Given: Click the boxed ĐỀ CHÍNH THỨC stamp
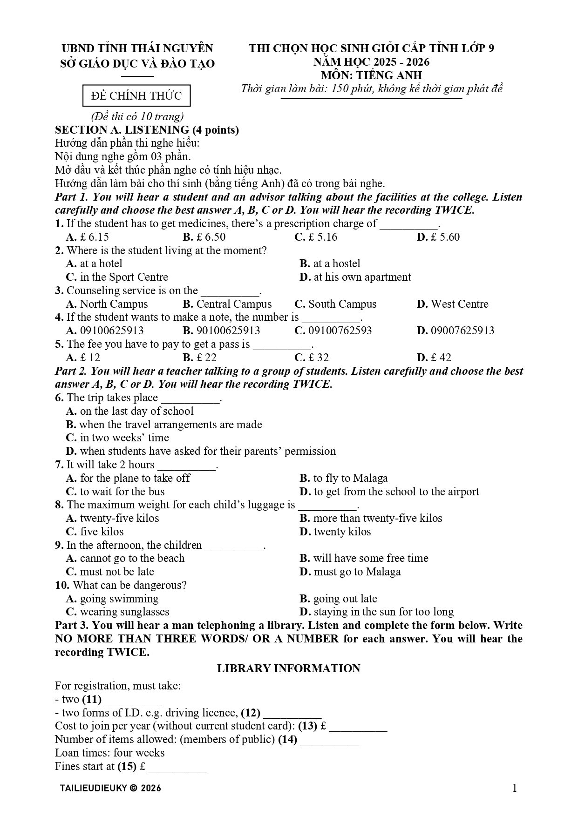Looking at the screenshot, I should pyautogui.click(x=136, y=96).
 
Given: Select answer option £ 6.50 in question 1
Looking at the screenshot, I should pyautogui.click(x=204, y=237).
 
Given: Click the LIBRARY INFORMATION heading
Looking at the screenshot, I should pyautogui.click(x=288, y=668).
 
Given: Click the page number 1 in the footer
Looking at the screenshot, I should pyautogui.click(x=514, y=788).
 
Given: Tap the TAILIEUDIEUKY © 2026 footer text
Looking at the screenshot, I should pyautogui.click(x=110, y=788).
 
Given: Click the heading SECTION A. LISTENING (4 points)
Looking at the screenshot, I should pyautogui.click(x=147, y=130).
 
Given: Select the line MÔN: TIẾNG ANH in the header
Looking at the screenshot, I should pyautogui.click(x=371, y=75).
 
